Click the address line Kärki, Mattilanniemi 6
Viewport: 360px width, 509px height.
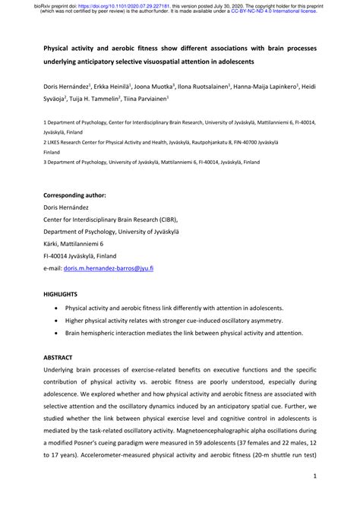tap(84, 244)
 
